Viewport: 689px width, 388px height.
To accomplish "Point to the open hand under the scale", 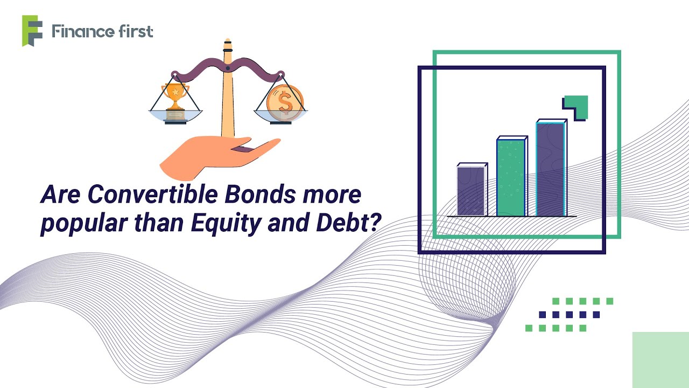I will coord(215,156).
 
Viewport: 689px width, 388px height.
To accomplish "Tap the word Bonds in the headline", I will coord(261,195).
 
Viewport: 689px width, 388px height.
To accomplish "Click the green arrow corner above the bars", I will coord(578,106).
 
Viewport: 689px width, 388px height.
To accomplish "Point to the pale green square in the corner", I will coord(660,359).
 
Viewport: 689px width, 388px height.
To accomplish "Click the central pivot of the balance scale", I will coord(228,68).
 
